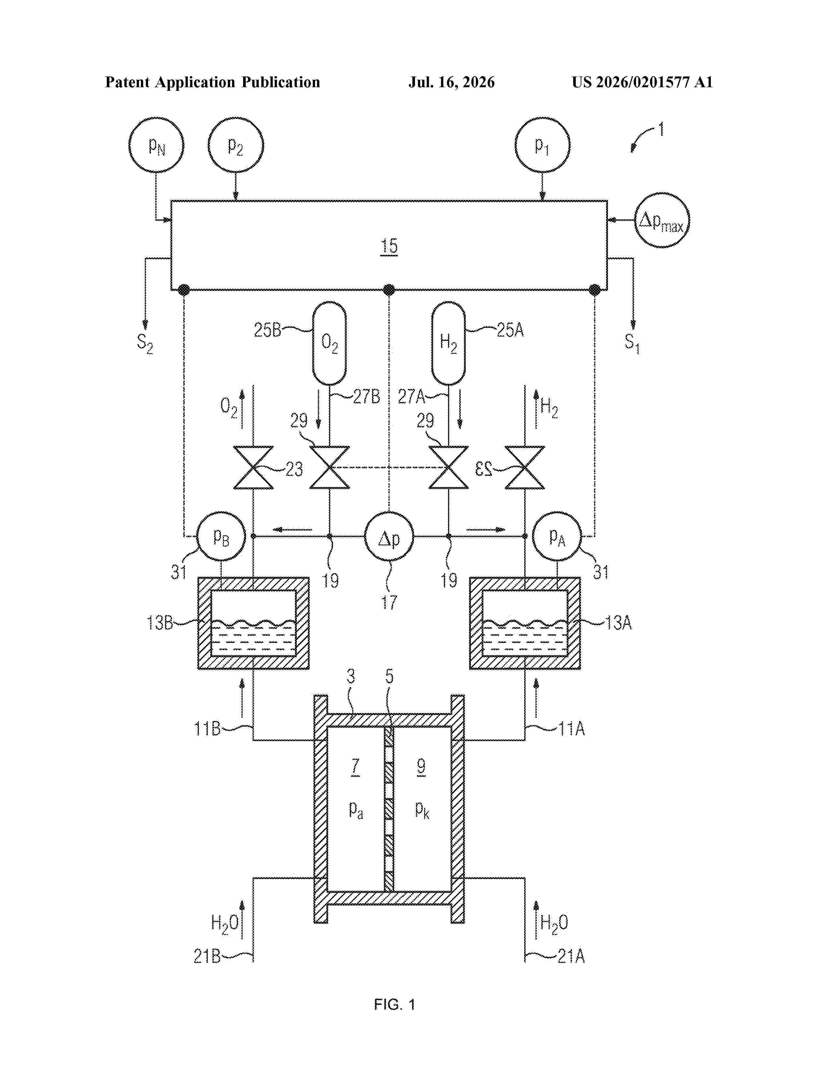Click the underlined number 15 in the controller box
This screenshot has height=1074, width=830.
click(x=389, y=246)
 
